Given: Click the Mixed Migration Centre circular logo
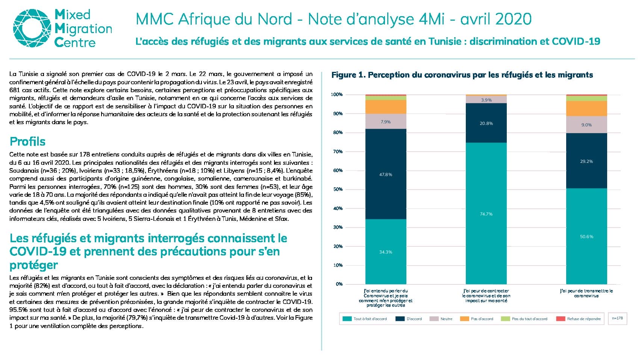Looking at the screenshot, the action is click(x=32, y=28).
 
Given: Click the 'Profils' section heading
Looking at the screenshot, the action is click(x=27, y=141).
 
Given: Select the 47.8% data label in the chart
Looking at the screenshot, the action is click(x=386, y=175).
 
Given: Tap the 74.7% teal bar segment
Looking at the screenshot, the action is click(x=486, y=214).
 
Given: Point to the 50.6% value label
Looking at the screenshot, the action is click(x=586, y=237).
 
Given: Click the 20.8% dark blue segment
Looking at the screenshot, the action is click(x=486, y=123).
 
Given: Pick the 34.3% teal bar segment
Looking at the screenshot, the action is click(x=386, y=252).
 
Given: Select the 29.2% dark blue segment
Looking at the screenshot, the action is click(x=586, y=161).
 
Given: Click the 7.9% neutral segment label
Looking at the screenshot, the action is click(x=386, y=122).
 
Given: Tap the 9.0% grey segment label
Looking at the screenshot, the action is click(x=586, y=125).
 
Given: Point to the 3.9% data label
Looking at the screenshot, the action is click(x=486, y=100).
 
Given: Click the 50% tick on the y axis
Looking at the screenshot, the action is click(x=338, y=189).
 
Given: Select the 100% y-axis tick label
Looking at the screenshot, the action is click(x=337, y=94).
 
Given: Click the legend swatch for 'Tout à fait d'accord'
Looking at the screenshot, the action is click(x=347, y=319).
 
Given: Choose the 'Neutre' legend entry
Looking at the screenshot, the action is click(x=441, y=319).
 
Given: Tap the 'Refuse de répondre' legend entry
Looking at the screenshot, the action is click(x=579, y=319).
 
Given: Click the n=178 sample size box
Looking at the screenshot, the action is click(x=617, y=318).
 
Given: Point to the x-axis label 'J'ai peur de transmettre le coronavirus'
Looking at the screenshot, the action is click(x=586, y=293).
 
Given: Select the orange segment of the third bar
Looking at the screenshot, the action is click(x=586, y=108).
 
